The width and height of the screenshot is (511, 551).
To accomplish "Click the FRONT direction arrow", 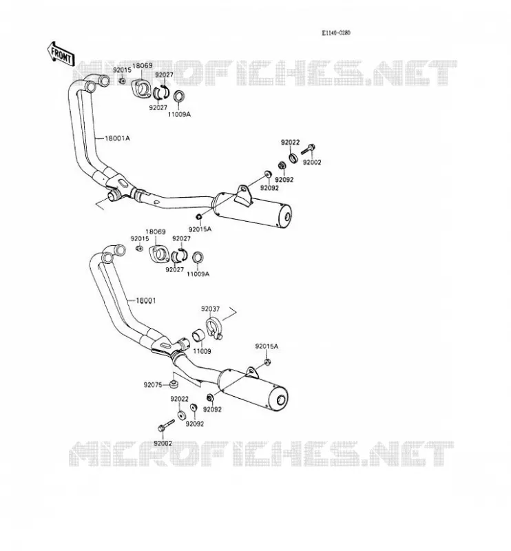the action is (x=61, y=54).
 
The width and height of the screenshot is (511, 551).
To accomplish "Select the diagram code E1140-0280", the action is (x=336, y=32).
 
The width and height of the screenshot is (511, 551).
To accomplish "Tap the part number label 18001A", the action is (x=117, y=138).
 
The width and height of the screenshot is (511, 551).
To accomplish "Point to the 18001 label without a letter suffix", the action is (x=145, y=300).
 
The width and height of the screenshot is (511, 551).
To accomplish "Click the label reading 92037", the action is (x=210, y=309).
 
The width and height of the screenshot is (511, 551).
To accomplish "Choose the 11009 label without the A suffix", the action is (x=202, y=351).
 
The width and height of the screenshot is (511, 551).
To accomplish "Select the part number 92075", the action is (x=153, y=385).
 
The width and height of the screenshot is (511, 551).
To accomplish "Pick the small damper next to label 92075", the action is (x=173, y=384).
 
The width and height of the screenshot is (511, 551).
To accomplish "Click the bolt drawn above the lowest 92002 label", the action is (x=166, y=425).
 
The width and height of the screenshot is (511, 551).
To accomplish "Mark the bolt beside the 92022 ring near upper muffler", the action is (x=308, y=149).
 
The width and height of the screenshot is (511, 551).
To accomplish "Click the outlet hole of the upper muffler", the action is (x=287, y=218).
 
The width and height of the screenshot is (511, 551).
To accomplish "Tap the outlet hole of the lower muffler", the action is (x=281, y=400).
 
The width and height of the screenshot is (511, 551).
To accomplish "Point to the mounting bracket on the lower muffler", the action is (x=252, y=373).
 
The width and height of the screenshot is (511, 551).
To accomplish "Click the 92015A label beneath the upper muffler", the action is (x=200, y=229).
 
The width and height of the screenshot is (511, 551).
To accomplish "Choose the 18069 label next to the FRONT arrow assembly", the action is (x=143, y=65).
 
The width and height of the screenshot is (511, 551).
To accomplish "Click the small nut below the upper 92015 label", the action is (x=122, y=81).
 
